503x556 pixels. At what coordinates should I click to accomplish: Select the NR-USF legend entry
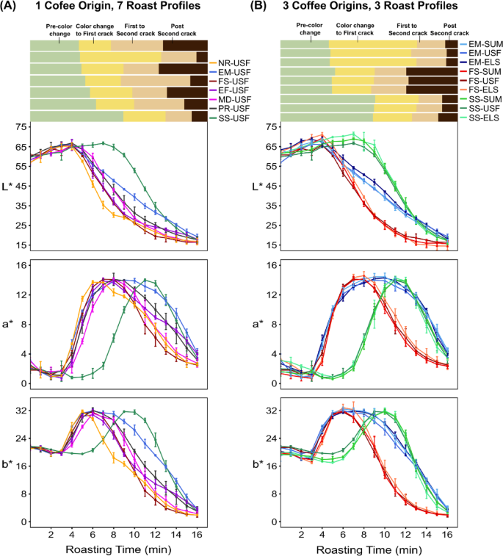pos(230,65)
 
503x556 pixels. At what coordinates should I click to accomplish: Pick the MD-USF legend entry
pos(230,98)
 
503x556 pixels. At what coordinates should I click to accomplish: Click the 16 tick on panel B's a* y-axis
pos(272,265)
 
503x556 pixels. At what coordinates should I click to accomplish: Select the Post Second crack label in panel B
pos(449,29)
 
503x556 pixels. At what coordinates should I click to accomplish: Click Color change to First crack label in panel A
pos(94,29)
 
